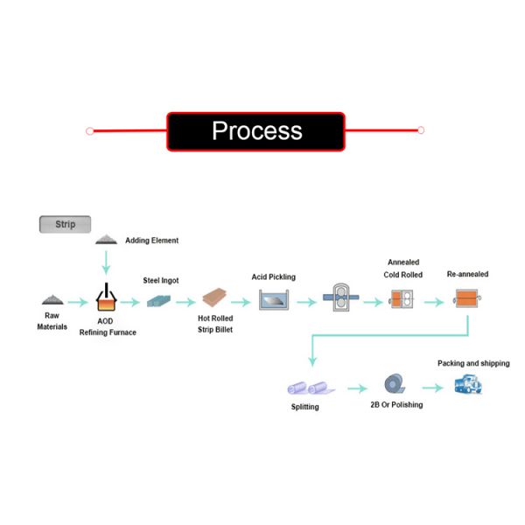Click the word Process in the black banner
(257, 130)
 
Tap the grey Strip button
(66, 224)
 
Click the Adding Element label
(151, 241)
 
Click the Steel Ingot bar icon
(160, 300)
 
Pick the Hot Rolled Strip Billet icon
(215, 300)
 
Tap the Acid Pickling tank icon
(275, 300)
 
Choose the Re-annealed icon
(468, 300)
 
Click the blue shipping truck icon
(467, 384)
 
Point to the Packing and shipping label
(473, 363)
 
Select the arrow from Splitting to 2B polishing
(353, 387)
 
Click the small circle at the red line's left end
(90, 131)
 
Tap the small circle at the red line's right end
(421, 130)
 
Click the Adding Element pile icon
(107, 239)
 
